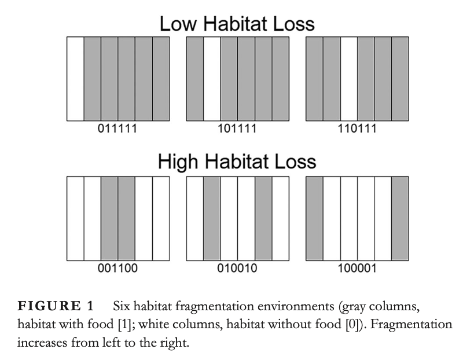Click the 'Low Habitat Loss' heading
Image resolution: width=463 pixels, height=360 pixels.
(x=237, y=24)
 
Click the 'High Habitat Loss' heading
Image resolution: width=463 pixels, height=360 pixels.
(x=237, y=161)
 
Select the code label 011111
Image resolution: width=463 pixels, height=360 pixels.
(x=117, y=128)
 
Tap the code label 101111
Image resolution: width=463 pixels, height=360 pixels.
(x=237, y=128)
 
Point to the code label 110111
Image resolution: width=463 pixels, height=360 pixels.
(x=357, y=128)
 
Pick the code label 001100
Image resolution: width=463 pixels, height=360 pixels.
(x=117, y=268)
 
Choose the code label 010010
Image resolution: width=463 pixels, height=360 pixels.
(x=237, y=268)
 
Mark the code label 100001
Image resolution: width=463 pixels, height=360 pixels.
(x=357, y=268)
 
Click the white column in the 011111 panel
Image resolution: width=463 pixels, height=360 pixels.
(x=75, y=79)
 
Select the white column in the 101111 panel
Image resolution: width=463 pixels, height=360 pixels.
(x=212, y=79)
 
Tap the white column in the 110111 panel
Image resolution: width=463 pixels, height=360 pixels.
(x=348, y=79)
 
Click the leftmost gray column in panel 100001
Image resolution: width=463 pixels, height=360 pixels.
(x=314, y=218)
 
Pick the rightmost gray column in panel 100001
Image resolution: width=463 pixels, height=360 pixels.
(x=400, y=218)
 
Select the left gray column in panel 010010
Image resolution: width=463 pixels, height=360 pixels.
(x=212, y=218)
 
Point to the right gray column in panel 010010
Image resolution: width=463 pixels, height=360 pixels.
(x=263, y=218)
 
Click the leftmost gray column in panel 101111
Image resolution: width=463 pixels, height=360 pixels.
(x=195, y=79)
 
